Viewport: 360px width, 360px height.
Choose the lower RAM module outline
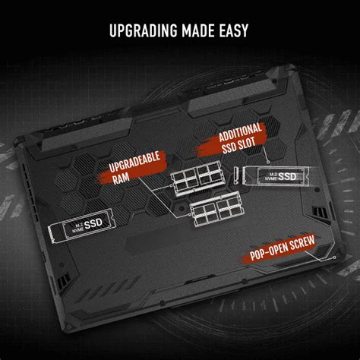pyautogui.click(x=213, y=213)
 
